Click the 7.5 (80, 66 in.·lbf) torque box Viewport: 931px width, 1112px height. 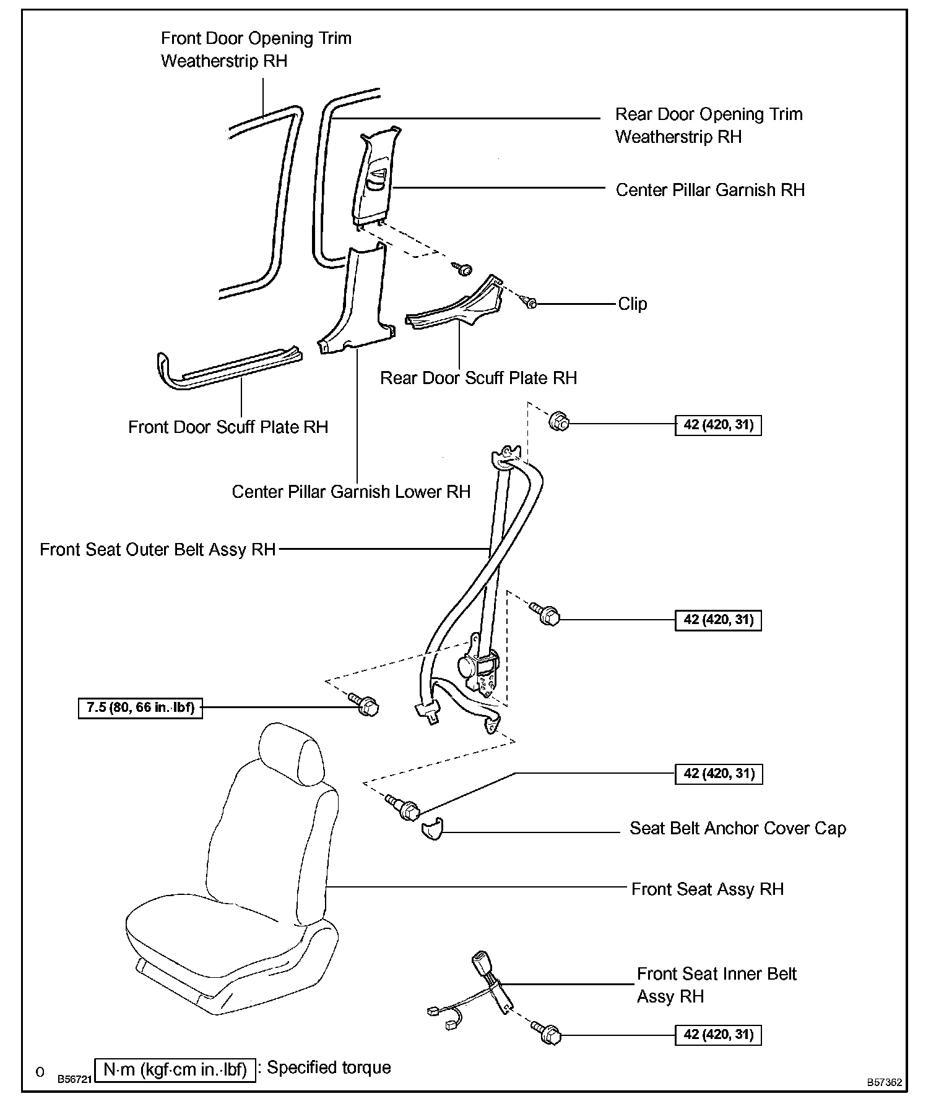pos(141,708)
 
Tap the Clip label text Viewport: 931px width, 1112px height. pos(632,304)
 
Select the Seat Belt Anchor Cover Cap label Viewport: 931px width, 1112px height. pos(737,828)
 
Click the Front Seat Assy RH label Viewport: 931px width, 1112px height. pos(707,889)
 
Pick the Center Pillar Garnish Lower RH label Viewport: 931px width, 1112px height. pos(351,492)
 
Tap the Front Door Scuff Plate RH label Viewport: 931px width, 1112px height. pos(228,427)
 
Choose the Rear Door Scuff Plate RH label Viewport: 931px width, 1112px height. pos(478,378)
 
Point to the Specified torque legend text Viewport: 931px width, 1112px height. pos(329,1067)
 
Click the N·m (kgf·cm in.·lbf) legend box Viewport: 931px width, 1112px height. pos(175,1069)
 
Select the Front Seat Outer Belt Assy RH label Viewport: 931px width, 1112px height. pos(157,549)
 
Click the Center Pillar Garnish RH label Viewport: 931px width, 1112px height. pos(710,190)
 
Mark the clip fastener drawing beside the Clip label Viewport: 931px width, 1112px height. pos(530,302)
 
